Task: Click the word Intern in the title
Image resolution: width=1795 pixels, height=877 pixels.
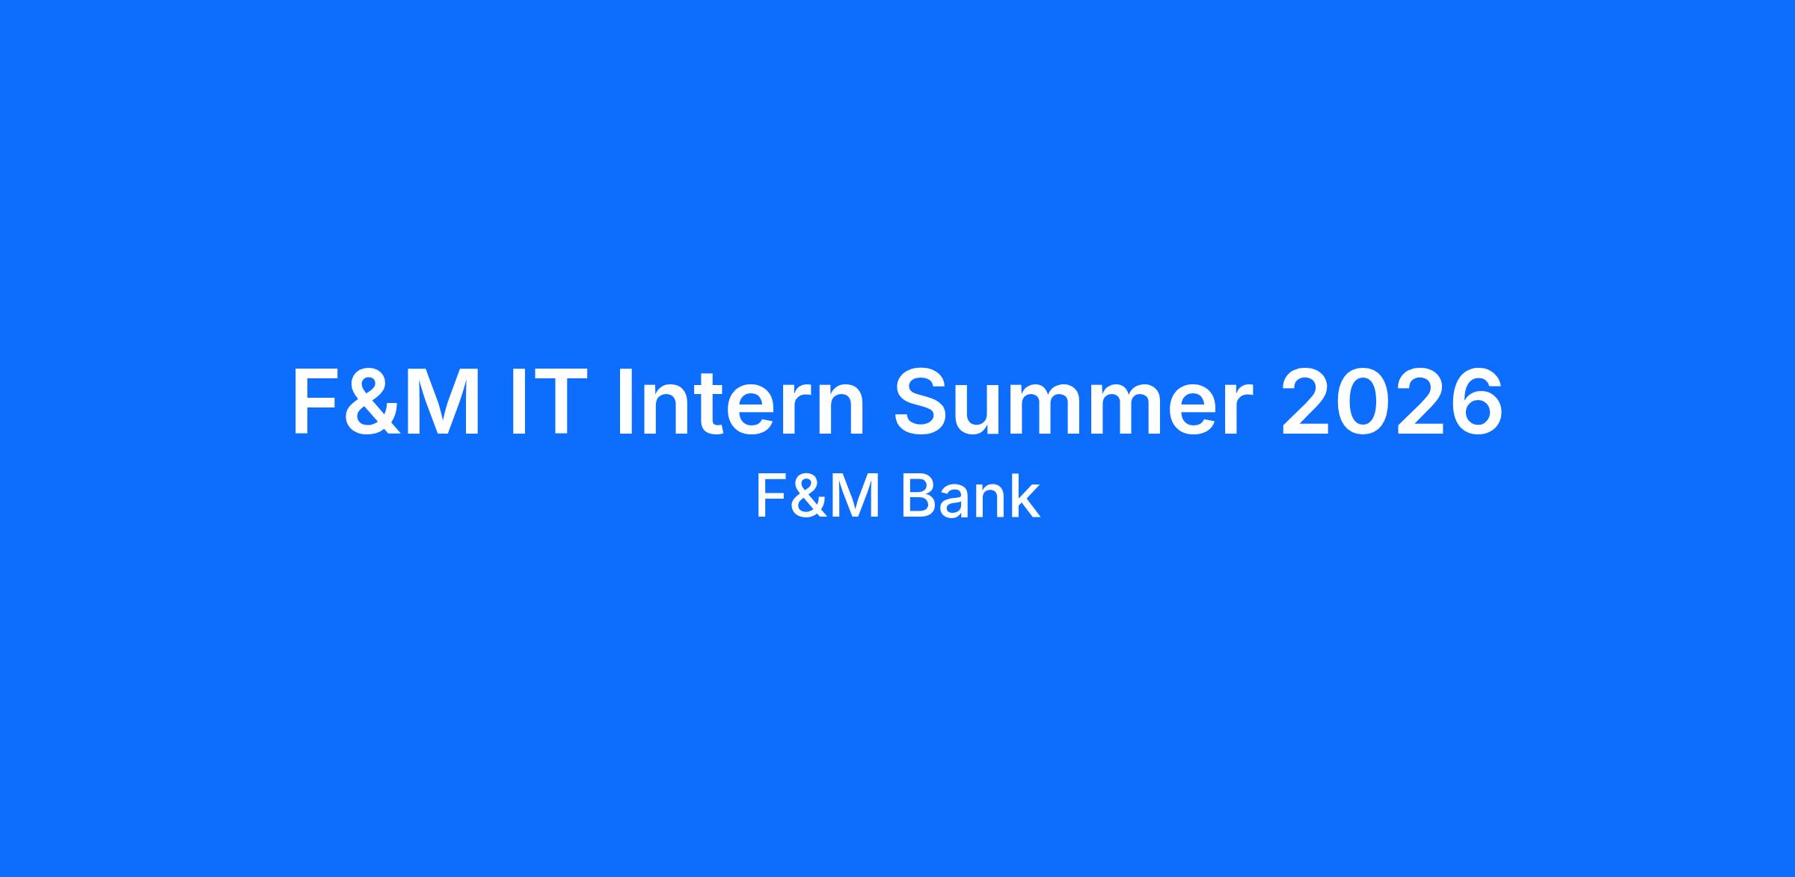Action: point(740,401)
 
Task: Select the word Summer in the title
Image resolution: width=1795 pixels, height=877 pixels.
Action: point(1073,401)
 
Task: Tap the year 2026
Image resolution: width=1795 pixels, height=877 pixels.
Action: point(1392,401)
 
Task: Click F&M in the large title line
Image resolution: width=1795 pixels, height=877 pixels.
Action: point(386,401)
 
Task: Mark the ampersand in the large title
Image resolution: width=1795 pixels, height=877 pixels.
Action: point(372,401)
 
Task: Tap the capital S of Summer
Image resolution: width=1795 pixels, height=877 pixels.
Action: point(924,401)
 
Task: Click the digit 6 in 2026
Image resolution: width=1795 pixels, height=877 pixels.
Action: point(1476,401)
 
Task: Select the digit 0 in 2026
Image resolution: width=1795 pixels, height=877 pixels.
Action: point(1364,401)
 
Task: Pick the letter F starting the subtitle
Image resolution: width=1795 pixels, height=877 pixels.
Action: point(771,497)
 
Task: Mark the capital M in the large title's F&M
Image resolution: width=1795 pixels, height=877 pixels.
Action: point(441,401)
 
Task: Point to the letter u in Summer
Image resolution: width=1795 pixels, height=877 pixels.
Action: point(987,410)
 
